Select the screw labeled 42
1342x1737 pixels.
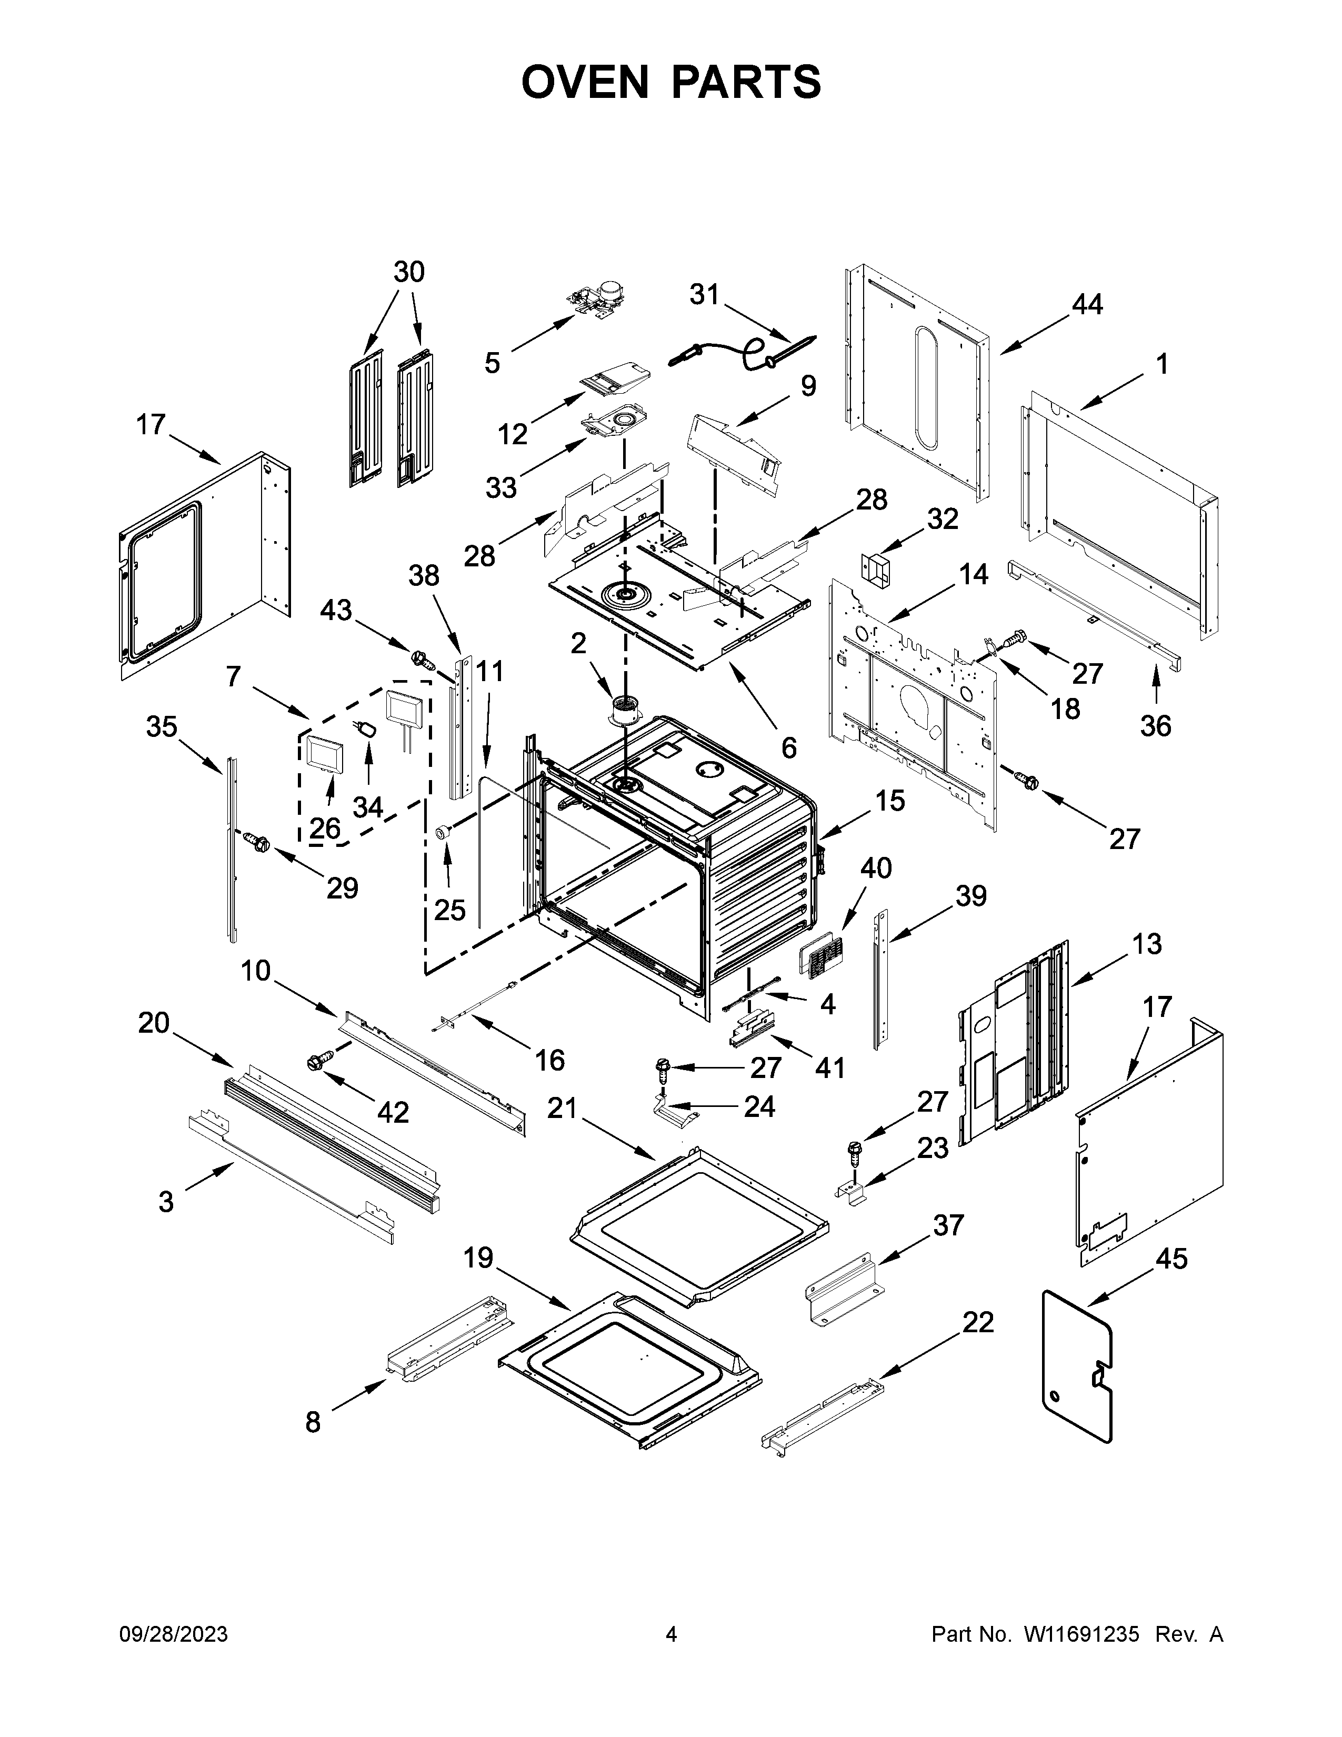pyautogui.click(x=321, y=1062)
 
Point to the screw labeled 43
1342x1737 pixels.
pyautogui.click(x=422, y=658)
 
